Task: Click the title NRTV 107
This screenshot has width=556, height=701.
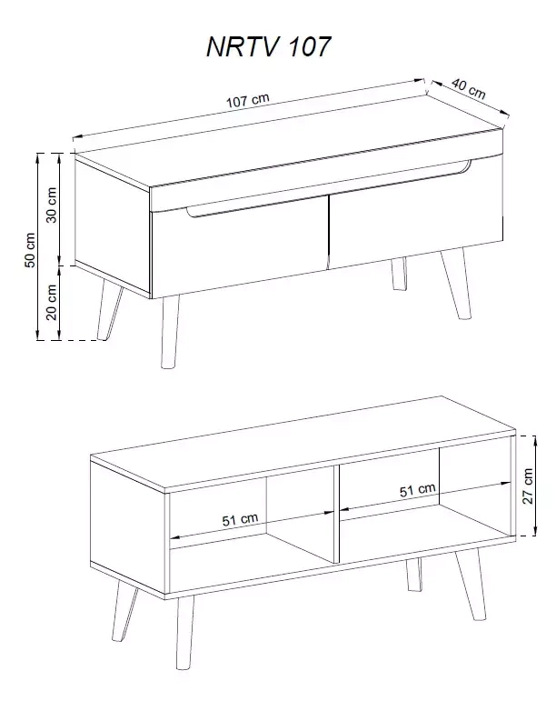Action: point(268,46)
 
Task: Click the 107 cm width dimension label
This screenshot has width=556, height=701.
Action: point(248,101)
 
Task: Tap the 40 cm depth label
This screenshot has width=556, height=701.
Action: point(468,88)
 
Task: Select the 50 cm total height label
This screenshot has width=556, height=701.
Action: point(30,250)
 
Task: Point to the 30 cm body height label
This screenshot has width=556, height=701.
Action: point(52,205)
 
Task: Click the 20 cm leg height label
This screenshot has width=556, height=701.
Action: point(52,302)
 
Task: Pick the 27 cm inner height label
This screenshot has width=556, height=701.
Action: point(528,486)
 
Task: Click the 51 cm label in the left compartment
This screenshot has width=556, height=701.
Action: point(240,519)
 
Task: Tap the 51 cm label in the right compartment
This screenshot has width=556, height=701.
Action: point(418,490)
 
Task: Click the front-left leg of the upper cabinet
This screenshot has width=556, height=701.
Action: point(170,332)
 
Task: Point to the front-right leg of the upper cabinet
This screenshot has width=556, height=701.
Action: point(456,284)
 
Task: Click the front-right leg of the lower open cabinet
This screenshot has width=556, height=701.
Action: point(471,584)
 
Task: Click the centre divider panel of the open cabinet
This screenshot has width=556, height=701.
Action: point(337,514)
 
